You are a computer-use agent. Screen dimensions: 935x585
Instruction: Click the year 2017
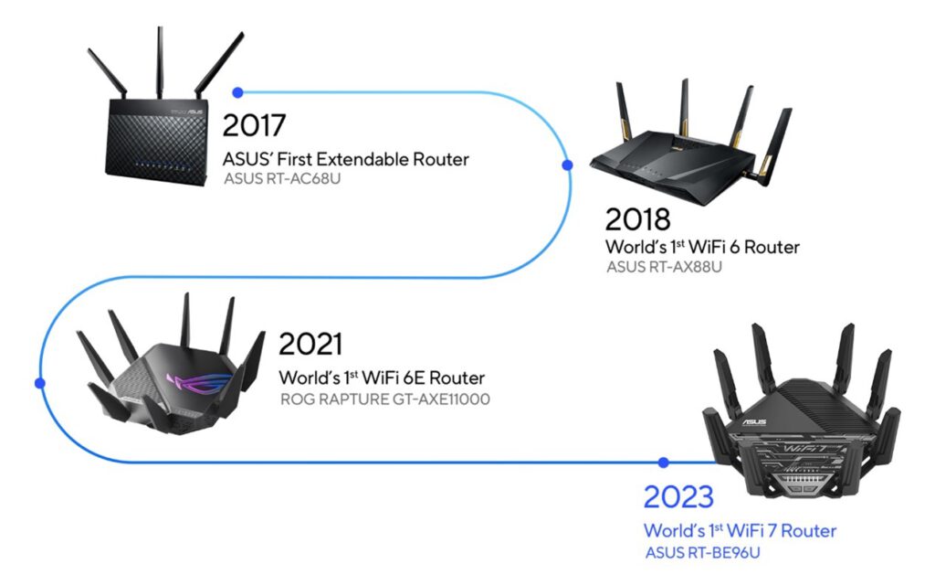(254, 125)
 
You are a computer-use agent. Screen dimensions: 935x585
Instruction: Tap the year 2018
(637, 219)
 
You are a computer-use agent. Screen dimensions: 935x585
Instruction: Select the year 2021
(310, 345)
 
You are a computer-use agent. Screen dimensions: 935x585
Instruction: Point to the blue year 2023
(678, 496)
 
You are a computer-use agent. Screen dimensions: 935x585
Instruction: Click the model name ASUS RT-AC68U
(282, 178)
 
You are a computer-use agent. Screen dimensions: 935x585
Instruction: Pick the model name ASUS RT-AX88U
(664, 267)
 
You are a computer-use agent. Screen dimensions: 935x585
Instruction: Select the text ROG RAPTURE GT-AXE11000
(385, 399)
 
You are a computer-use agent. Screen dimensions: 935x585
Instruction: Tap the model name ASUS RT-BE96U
(702, 553)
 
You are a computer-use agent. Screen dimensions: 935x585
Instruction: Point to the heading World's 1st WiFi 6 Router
(702, 247)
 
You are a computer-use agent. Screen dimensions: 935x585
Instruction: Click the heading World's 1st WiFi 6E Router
(382, 378)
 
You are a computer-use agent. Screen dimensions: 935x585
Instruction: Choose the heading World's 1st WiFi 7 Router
(740, 531)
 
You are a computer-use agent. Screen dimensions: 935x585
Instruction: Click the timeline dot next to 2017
(238, 92)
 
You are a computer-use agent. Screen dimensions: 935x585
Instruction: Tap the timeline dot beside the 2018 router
(568, 165)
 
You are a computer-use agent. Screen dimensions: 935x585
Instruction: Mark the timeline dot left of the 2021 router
(40, 383)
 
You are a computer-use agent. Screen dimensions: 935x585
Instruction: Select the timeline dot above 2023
(664, 462)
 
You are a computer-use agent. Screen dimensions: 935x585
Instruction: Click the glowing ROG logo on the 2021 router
(200, 383)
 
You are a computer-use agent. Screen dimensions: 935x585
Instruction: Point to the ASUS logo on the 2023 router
(754, 422)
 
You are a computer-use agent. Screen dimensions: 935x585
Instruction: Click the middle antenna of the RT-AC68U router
(160, 63)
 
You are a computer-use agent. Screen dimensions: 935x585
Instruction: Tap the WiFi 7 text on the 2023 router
(798, 448)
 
